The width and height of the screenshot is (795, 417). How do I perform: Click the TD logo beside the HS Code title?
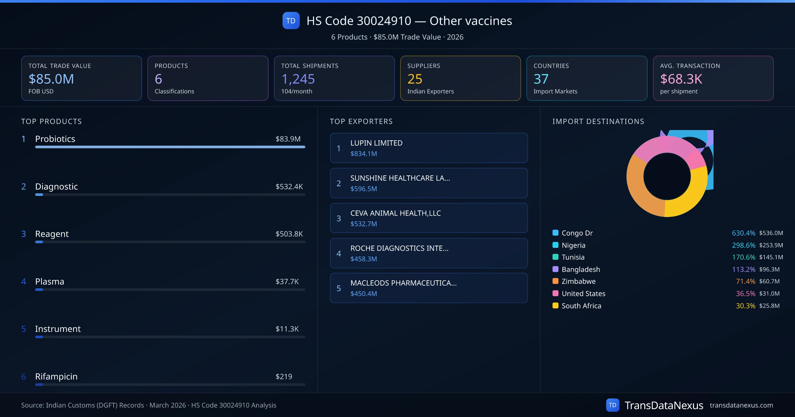coord(291,21)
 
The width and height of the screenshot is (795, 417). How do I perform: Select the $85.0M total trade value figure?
coord(51,79)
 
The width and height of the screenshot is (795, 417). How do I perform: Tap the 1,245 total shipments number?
coord(298,79)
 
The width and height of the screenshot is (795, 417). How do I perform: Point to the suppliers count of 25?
coord(415,79)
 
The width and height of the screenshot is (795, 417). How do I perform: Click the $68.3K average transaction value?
coord(681,79)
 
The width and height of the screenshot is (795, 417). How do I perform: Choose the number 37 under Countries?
coord(541,79)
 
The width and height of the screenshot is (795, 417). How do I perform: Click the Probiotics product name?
coord(55,139)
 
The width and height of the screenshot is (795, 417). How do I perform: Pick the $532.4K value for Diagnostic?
coord(289,187)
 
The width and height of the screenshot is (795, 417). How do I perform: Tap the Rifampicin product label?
coord(56,376)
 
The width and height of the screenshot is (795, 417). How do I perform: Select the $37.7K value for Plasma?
coord(287,282)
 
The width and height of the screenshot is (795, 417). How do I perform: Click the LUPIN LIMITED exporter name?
coord(376,143)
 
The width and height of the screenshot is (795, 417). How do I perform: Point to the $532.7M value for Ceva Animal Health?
coord(364,224)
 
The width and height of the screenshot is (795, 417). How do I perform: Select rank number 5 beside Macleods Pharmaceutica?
coord(339,288)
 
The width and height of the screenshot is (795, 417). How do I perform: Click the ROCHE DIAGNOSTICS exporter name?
coord(399,248)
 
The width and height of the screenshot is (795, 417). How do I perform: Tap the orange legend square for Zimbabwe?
coord(556,281)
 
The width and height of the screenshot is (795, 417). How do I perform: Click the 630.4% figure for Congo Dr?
coord(743,233)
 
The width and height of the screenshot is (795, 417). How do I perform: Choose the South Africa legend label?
coord(581,306)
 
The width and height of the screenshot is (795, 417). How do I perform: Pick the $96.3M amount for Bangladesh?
coord(769,269)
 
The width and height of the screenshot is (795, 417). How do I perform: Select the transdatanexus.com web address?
coord(741,405)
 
